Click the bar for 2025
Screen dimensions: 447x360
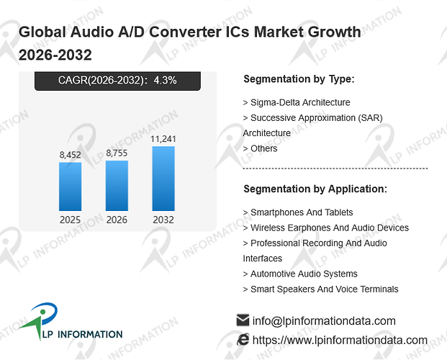point(70,186)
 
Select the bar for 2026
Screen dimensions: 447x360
point(117,186)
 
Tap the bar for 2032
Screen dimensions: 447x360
point(163,179)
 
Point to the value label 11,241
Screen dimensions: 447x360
point(163,139)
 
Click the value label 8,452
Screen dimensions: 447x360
point(70,155)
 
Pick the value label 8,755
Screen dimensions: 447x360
point(117,153)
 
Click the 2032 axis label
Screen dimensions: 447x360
point(163,220)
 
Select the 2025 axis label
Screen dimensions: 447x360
point(70,220)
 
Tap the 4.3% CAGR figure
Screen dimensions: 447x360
point(166,80)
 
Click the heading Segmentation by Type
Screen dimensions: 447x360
point(299,79)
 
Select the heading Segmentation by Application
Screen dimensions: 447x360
point(315,189)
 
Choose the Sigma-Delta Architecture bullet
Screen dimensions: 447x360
point(297,102)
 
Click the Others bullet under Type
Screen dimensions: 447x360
point(260,148)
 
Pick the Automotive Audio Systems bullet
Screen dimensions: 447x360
point(300,274)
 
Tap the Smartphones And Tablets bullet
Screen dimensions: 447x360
point(298,212)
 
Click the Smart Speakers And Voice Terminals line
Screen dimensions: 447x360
point(320,289)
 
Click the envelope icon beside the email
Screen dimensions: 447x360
point(243,320)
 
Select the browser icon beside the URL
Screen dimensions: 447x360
point(243,340)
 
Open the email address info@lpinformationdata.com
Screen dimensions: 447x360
point(324,321)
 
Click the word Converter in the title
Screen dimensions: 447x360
point(185,32)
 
